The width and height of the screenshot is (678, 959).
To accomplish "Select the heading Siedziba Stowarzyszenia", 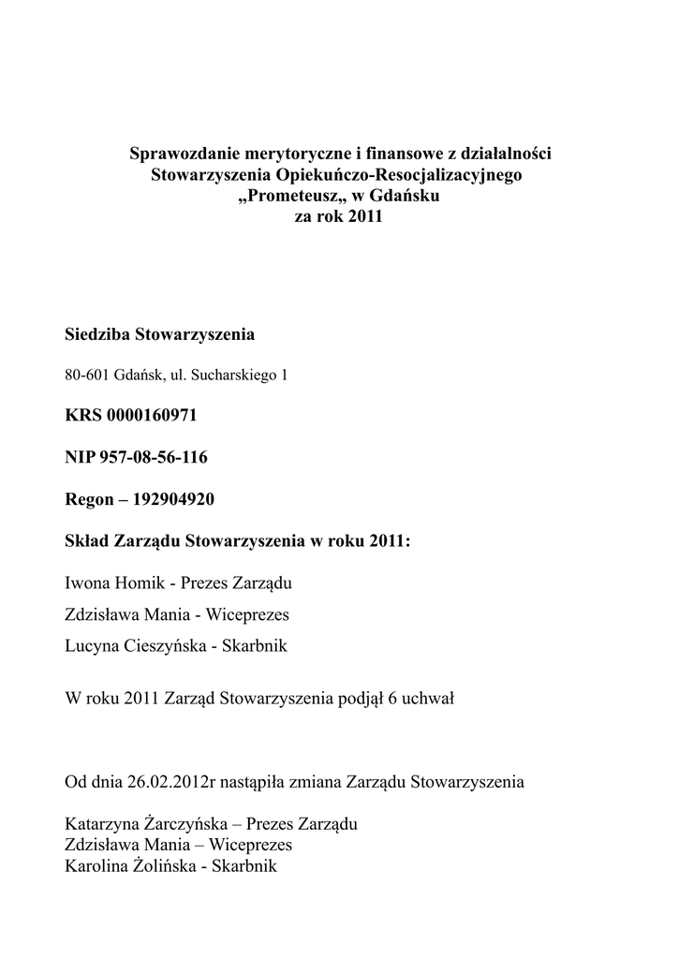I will tap(160, 334).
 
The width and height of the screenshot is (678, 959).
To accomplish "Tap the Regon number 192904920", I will tap(175, 499).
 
